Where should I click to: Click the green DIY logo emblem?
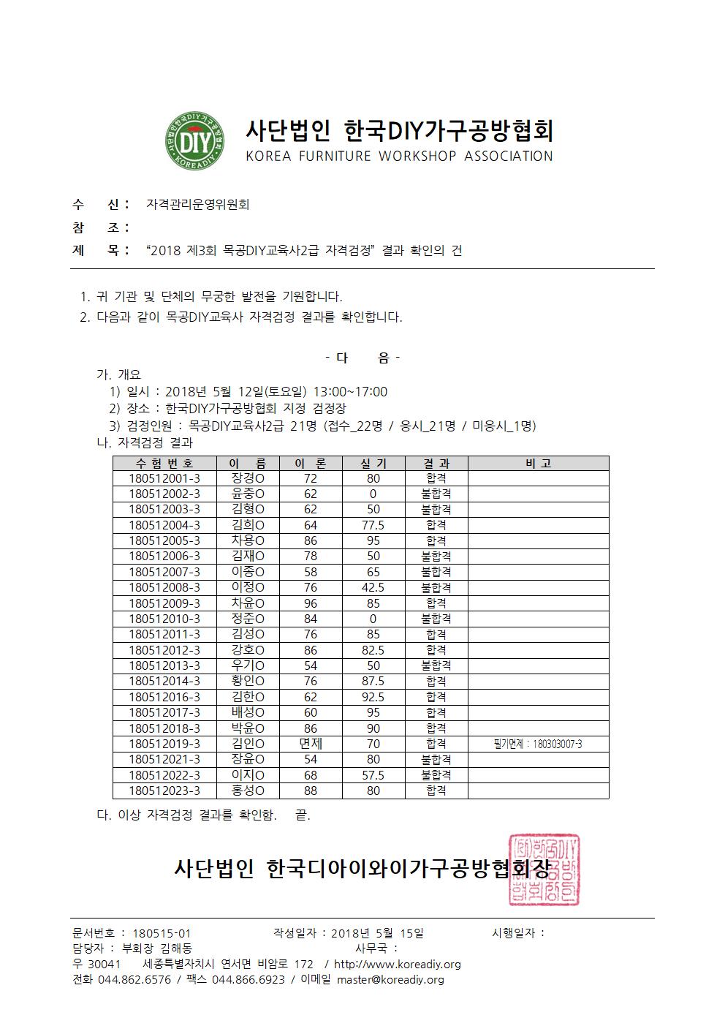(x=194, y=141)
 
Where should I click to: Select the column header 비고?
(x=538, y=463)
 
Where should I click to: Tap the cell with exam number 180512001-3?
(x=164, y=478)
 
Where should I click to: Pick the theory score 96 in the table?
(x=311, y=603)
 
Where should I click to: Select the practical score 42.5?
(x=373, y=587)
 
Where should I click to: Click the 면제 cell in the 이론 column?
(x=311, y=744)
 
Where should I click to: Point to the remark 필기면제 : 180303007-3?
(x=538, y=744)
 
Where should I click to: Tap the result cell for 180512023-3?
(x=436, y=791)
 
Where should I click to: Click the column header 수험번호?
(x=164, y=463)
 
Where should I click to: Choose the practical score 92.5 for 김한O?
(x=373, y=697)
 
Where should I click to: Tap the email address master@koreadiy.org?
(x=390, y=980)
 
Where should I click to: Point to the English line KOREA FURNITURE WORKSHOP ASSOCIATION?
(x=399, y=156)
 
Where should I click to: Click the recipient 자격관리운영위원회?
(x=197, y=205)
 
